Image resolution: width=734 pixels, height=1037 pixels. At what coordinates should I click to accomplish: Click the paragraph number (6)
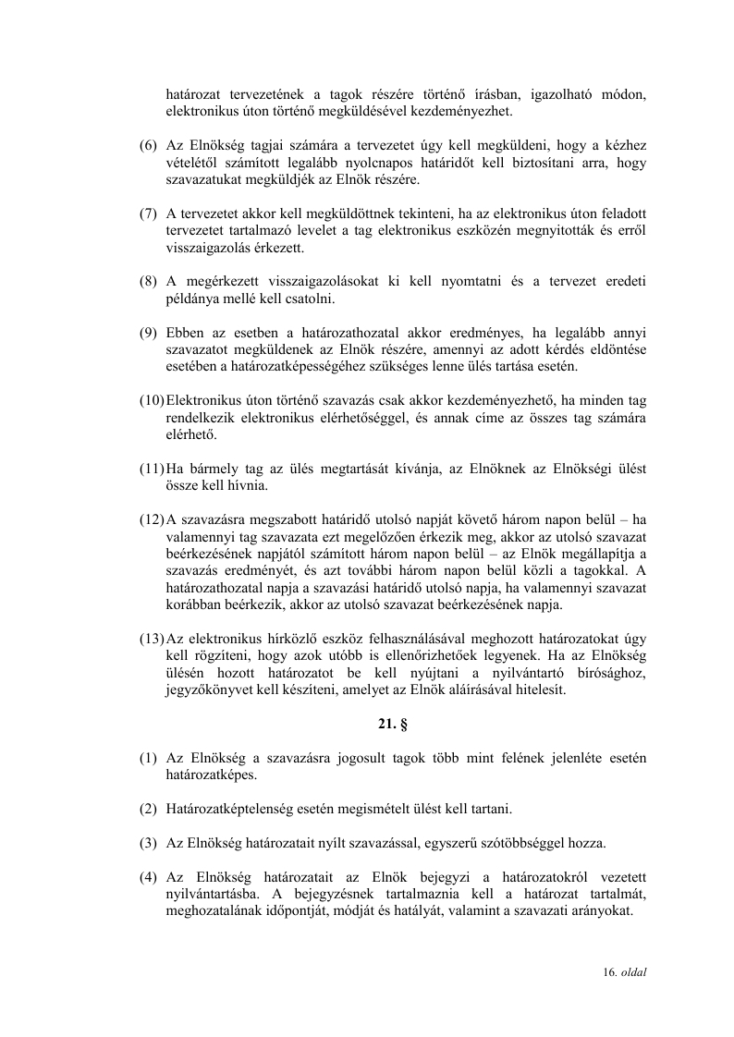[x=148, y=146]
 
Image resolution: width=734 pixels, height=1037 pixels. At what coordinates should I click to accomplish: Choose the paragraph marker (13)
[x=152, y=638]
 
